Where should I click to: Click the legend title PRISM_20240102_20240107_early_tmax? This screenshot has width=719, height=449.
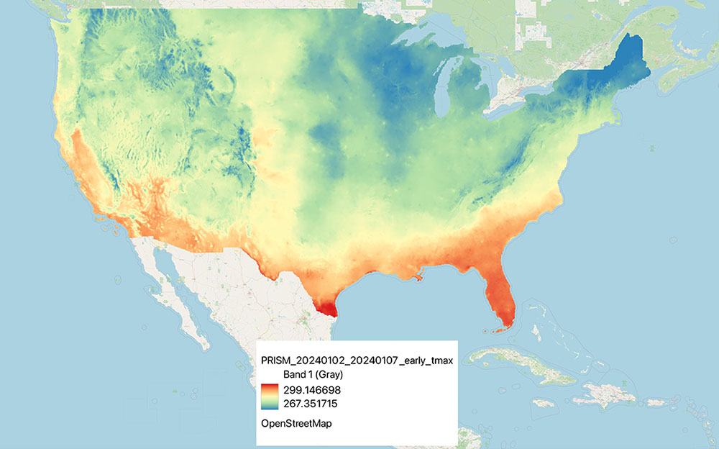[356, 361]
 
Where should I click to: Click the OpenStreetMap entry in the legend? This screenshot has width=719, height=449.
[295, 424]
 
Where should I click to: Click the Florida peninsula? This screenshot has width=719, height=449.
[500, 295]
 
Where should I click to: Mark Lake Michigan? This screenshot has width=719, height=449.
[445, 90]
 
